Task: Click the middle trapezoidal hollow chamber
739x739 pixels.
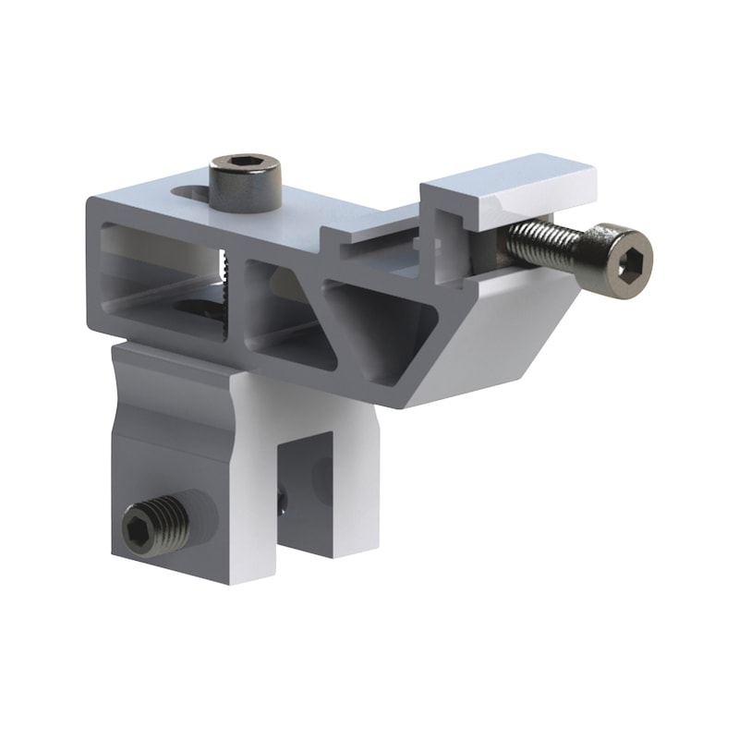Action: point(277,305)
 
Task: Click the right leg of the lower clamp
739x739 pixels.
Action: point(346,480)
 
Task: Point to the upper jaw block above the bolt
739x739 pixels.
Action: point(508,189)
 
